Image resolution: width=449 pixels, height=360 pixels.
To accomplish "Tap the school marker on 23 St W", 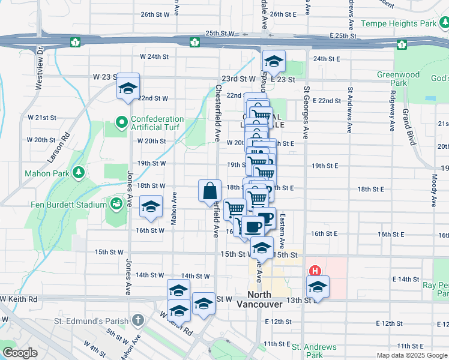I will click(x=128, y=88).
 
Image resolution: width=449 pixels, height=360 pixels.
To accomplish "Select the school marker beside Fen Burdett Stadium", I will click(x=151, y=207).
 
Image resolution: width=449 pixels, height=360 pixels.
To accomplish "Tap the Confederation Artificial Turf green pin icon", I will click(x=121, y=123).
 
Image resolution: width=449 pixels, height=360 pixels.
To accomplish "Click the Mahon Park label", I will click(x=45, y=173).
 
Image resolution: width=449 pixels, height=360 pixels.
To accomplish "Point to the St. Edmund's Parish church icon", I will click(x=137, y=319).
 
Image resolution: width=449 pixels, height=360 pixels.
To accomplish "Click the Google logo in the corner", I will click(x=19, y=353).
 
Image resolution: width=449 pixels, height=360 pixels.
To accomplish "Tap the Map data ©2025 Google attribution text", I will click(x=411, y=355).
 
